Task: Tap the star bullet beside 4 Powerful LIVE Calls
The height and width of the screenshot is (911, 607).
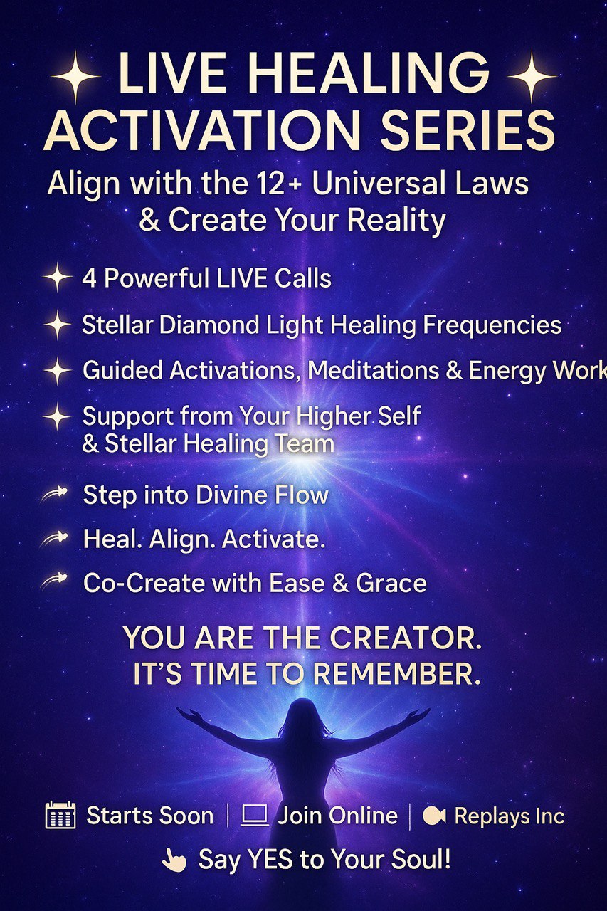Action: pos(58,278)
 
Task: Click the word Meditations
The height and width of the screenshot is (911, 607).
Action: pos(373,371)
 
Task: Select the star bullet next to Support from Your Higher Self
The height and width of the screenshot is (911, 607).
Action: pos(58,416)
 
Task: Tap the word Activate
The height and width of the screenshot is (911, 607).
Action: pos(273,539)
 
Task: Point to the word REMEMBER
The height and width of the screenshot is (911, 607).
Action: pos(396,673)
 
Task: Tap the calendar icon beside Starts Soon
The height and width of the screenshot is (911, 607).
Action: pos(60,815)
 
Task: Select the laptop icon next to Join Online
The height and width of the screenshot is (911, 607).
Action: pos(255,816)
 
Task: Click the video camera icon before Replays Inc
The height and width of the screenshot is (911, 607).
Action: pos(434,816)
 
